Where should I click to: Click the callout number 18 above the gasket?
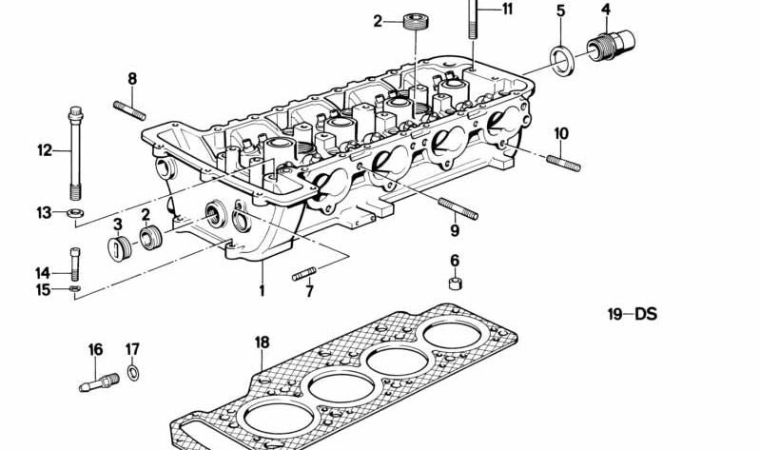point(262,342)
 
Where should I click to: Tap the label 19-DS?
point(633,314)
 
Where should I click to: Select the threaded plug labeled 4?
point(609,44)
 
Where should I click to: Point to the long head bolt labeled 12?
point(73,152)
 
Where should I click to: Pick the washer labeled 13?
point(73,212)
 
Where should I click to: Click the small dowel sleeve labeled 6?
point(456,283)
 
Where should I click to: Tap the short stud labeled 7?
point(303,276)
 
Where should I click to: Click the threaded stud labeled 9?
point(458,208)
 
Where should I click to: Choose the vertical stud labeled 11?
point(472,21)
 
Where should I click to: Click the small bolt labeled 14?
point(73,262)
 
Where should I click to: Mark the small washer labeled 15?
point(74,287)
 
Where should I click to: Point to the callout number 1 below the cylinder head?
point(262,290)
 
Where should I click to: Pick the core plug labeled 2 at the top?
point(413,21)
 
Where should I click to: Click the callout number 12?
point(45,149)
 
